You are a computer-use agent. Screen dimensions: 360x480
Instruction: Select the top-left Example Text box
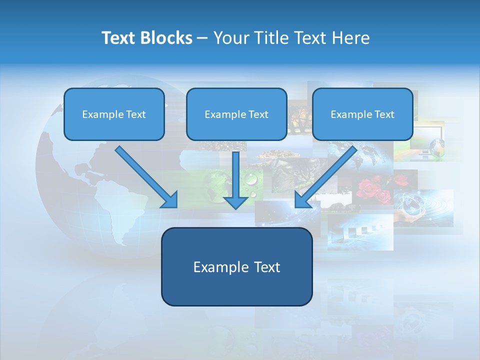tap(114, 114)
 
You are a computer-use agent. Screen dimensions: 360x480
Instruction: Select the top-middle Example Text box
tap(236, 114)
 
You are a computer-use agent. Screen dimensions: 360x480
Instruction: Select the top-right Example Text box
tap(362, 114)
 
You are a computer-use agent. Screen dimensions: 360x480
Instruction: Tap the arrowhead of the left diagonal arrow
tap(170, 200)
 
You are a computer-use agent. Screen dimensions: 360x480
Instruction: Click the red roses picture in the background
tap(373, 189)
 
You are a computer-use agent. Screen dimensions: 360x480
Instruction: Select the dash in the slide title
tap(202, 38)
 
